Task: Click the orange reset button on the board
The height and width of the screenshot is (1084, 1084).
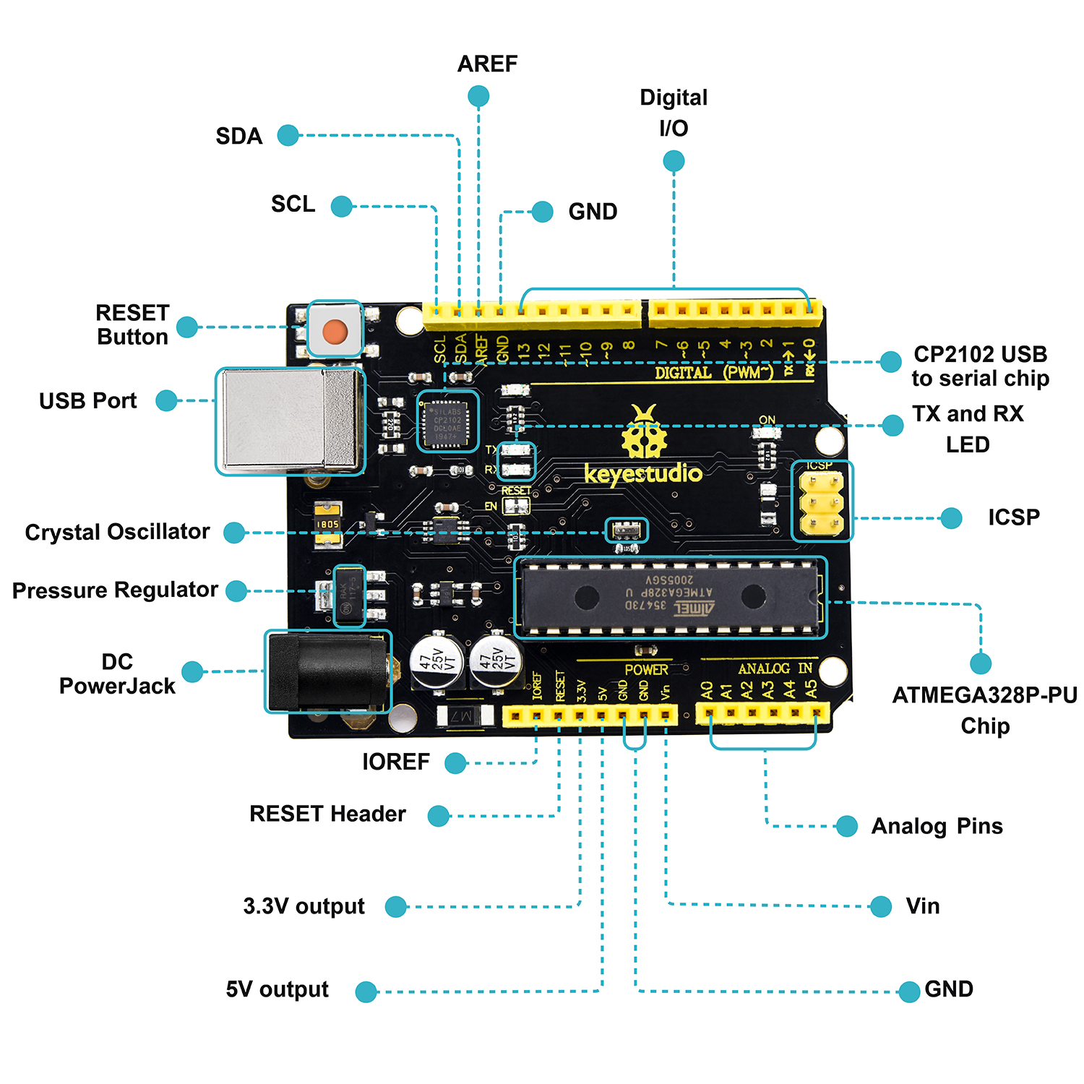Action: pyautogui.click(x=335, y=332)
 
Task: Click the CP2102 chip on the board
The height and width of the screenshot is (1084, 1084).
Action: pyautogui.click(x=447, y=422)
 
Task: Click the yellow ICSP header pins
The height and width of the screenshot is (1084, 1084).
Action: pyautogui.click(x=822, y=502)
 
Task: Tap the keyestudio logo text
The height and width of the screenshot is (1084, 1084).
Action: pyautogui.click(x=642, y=474)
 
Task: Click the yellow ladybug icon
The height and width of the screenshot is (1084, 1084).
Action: pyautogui.click(x=644, y=434)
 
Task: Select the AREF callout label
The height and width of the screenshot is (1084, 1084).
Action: pyautogui.click(x=487, y=64)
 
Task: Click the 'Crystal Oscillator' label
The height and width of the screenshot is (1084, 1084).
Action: pyautogui.click(x=117, y=532)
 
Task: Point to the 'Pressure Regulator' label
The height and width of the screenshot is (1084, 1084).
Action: pyautogui.click(x=115, y=590)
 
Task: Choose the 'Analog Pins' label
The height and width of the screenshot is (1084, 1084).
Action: pyautogui.click(x=937, y=826)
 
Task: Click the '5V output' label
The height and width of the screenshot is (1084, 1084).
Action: pyautogui.click(x=277, y=989)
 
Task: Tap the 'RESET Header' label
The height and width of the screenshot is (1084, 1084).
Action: pyautogui.click(x=327, y=814)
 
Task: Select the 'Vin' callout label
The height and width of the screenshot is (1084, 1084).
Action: pyautogui.click(x=923, y=906)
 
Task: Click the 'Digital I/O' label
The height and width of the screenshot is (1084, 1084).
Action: pyautogui.click(x=674, y=113)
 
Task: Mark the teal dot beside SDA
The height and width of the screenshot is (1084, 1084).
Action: pyautogui.click(x=288, y=135)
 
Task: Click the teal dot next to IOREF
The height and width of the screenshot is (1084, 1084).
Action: pyautogui.click(x=455, y=763)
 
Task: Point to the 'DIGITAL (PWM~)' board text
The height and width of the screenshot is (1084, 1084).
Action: pyautogui.click(x=713, y=373)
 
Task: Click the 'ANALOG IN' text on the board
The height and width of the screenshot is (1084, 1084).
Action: pyautogui.click(x=775, y=669)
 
